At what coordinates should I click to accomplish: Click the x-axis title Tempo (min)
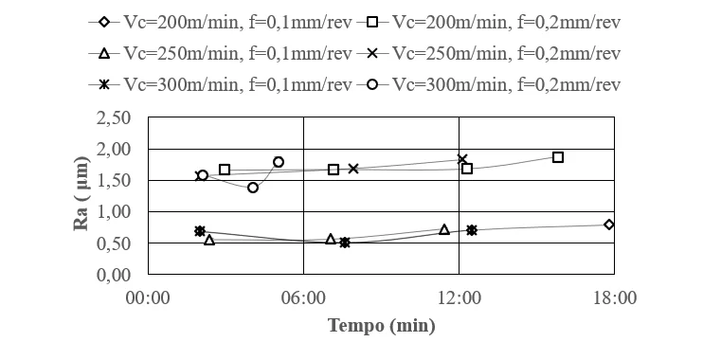[x=382, y=326]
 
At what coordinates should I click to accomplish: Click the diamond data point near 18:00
[x=608, y=225]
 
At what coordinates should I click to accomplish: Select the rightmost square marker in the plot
[x=558, y=157]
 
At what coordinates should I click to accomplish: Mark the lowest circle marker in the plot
[x=253, y=188]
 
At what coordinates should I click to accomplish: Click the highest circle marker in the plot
[x=279, y=162]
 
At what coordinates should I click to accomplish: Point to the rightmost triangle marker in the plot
[x=444, y=229]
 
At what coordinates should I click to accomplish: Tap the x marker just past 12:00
[x=462, y=159]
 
